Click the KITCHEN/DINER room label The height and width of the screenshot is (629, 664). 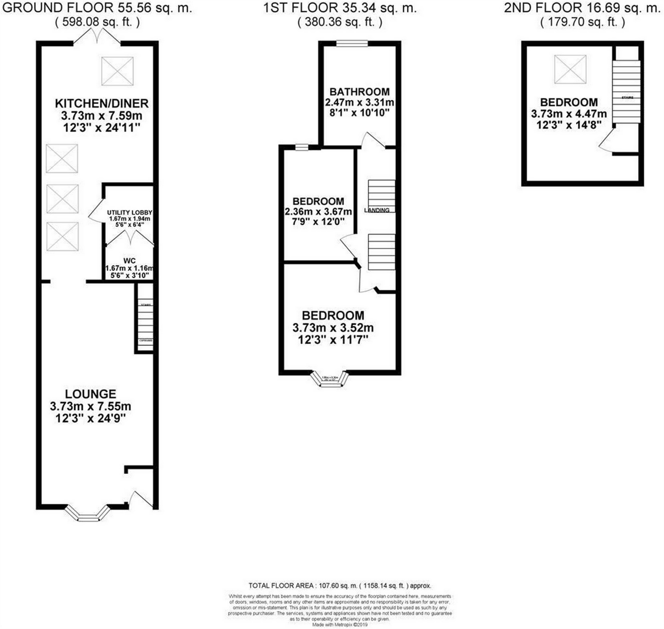point(101,104)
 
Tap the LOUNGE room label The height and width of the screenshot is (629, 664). point(91,394)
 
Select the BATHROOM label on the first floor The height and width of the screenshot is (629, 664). point(360,92)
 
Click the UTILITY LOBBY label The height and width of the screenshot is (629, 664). point(129,212)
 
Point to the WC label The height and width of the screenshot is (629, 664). point(130,261)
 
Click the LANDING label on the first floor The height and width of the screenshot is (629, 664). point(377,210)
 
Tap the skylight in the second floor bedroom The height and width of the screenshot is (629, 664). point(570,69)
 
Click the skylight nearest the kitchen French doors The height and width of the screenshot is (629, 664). point(118,71)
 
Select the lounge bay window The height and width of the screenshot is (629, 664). point(87,513)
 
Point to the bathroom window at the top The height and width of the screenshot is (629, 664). point(352,43)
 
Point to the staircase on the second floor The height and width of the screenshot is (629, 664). point(626,91)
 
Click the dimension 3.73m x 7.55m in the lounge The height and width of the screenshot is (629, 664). point(91,406)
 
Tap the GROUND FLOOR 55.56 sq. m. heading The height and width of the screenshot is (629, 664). point(96,8)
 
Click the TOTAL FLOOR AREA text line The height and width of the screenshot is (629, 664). point(340,585)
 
